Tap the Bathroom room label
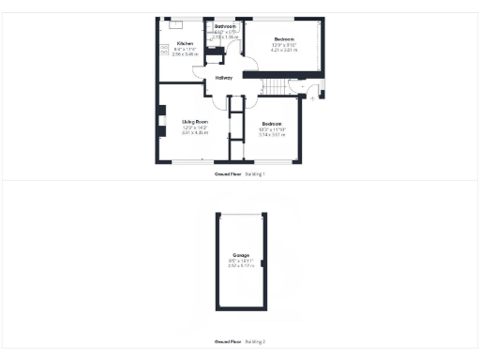click(x=225, y=26)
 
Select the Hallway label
click(x=224, y=78)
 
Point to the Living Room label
click(x=195, y=122)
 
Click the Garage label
click(x=240, y=255)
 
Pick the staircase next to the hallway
click(x=275, y=86)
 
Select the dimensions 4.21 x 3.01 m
click(x=283, y=49)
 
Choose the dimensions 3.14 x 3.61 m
click(x=272, y=135)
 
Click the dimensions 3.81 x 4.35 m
click(x=195, y=133)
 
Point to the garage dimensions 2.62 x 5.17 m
click(x=240, y=266)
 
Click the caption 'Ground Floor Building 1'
click(x=240, y=174)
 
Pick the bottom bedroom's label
click(x=272, y=124)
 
